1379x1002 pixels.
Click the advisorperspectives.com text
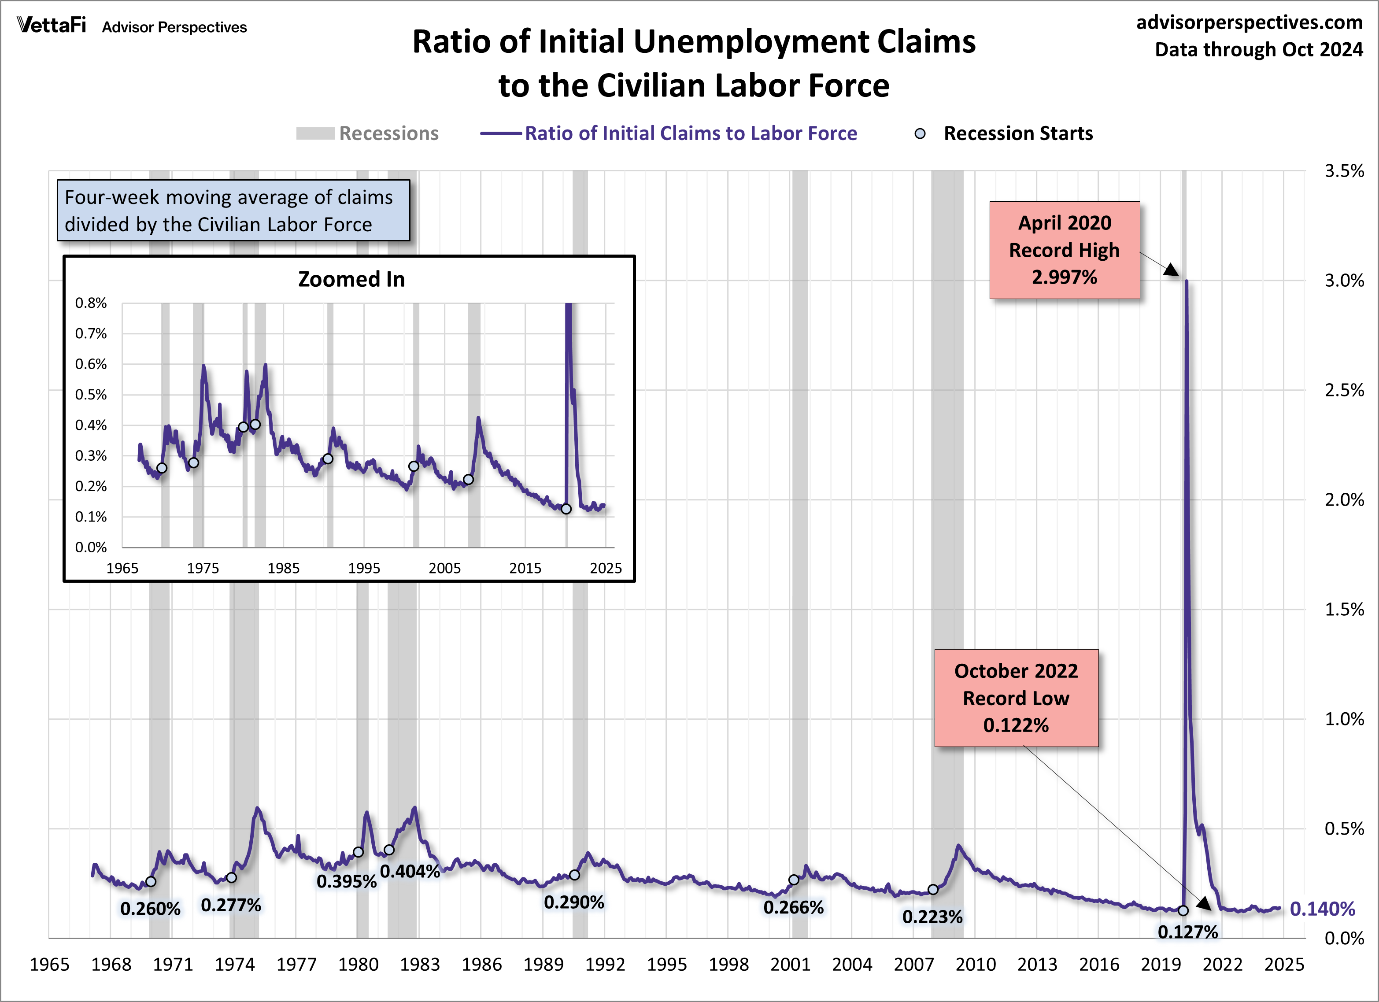[x=1249, y=22]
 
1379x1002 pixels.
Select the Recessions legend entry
[x=368, y=133]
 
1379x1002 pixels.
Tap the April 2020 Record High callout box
[x=1064, y=250]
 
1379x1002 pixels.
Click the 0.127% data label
[x=1187, y=932]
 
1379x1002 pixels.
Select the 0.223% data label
[x=932, y=916]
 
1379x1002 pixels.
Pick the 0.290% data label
[x=573, y=902]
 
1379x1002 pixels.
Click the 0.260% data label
[x=150, y=908]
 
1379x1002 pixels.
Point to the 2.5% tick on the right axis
[x=1344, y=390]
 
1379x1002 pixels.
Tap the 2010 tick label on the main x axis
[x=975, y=964]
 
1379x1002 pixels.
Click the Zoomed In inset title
[x=351, y=279]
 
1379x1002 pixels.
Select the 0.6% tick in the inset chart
[x=91, y=364]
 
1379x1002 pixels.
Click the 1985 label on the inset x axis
[x=283, y=568]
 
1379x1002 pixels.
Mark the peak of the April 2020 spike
[x=1186, y=281]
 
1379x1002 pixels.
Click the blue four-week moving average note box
[x=233, y=211]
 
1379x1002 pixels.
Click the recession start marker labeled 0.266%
[x=794, y=880]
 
